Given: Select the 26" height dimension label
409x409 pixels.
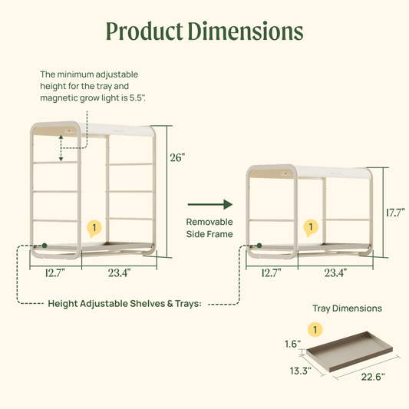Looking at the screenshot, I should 177,157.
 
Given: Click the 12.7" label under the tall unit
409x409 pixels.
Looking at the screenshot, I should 55,272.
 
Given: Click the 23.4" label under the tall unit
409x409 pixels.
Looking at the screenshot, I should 119,272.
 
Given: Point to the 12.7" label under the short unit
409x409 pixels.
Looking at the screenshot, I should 270,272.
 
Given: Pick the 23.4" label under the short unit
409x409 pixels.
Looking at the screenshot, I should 335,272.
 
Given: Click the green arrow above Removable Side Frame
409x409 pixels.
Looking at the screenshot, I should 209,204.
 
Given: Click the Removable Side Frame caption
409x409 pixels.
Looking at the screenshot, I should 209,226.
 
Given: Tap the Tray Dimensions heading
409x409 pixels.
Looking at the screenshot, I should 347,308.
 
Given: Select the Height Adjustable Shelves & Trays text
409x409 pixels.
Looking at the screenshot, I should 125,303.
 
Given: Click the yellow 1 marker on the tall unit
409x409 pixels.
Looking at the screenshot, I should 94,228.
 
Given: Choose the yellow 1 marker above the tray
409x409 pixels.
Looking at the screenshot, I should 313,329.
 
